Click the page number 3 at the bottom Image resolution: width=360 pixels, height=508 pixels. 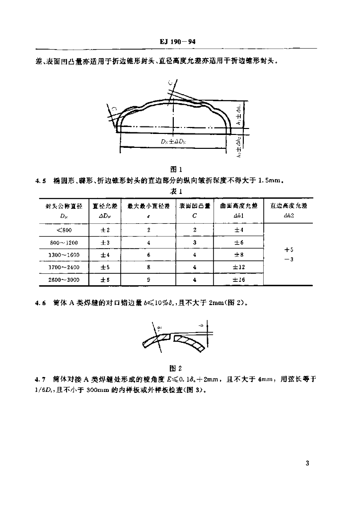(x=308, y=464)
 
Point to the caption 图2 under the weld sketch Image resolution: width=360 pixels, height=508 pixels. (x=176, y=368)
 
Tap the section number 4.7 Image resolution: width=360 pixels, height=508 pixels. (x=41, y=380)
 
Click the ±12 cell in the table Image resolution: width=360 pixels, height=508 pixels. (x=239, y=267)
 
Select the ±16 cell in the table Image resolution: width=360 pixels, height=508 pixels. (x=239, y=280)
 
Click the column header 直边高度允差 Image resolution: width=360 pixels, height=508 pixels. (x=288, y=205)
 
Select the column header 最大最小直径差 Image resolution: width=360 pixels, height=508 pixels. (x=148, y=205)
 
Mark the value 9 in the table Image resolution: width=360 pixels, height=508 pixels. (x=148, y=280)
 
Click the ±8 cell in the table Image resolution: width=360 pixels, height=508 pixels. (x=239, y=255)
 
